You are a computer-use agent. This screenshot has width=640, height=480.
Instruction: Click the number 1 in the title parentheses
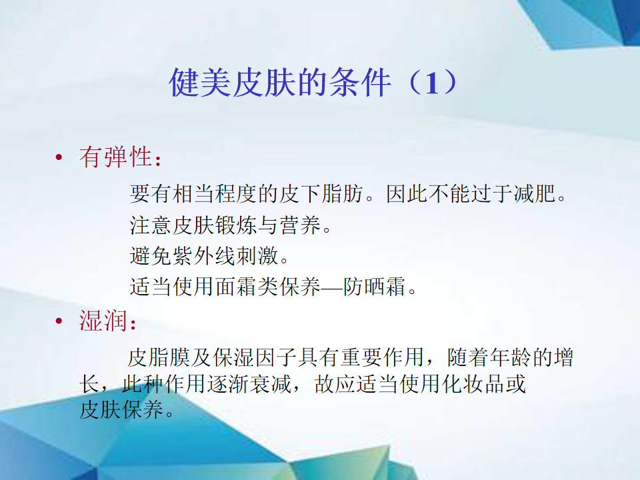tap(433, 83)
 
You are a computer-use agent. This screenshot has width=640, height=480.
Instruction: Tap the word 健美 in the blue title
tap(201, 83)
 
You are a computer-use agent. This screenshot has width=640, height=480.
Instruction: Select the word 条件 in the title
tap(361, 83)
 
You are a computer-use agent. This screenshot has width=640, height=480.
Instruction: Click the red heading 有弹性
tap(116, 157)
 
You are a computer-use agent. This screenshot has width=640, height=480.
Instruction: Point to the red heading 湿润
tap(104, 321)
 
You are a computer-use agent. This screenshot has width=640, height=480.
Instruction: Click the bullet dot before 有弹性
tap(59, 157)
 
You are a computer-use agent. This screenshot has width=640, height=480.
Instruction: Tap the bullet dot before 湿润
tap(59, 321)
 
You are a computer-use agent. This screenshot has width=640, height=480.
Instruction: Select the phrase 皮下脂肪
tap(321, 193)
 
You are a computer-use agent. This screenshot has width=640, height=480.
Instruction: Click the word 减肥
tap(535, 193)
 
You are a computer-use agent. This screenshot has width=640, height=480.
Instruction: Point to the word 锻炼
tap(236, 225)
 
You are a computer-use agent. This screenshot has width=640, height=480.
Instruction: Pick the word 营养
tap(301, 225)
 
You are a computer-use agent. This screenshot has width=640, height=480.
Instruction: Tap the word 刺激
tap(257, 256)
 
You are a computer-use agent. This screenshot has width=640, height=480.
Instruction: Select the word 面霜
tap(236, 287)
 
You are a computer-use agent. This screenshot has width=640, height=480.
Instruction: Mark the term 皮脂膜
tap(159, 357)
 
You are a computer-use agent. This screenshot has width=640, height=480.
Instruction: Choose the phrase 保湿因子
tap(255, 357)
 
